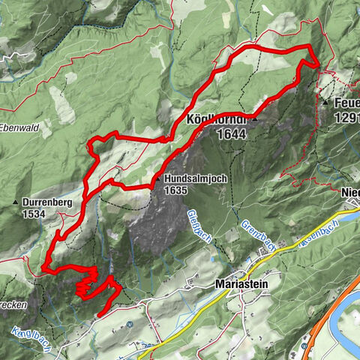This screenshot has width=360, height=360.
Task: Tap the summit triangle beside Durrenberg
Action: coord(16,203)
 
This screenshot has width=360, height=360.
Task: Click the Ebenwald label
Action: coord(19,126)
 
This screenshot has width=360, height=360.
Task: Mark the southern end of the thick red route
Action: coord(98,314)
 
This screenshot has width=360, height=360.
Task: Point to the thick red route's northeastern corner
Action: coord(309,47)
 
